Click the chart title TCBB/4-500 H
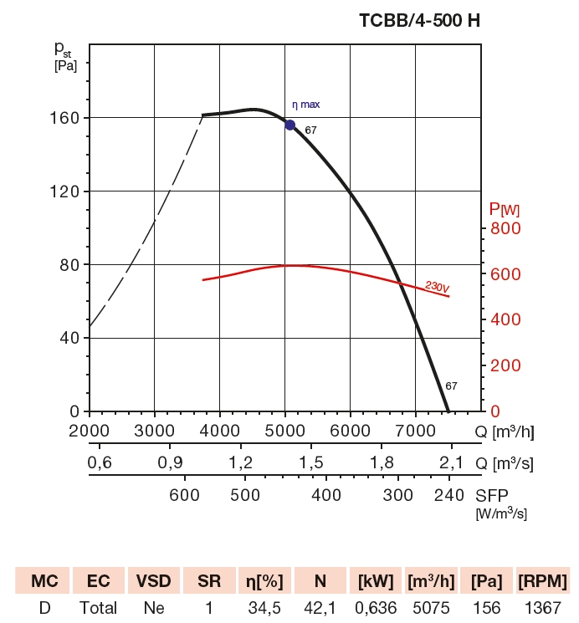[419, 21]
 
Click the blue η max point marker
[290, 125]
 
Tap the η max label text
[305, 105]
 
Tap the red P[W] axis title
[505, 208]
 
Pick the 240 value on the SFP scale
[449, 494]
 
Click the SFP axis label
[491, 494]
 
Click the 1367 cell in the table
[542, 608]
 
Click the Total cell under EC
[99, 608]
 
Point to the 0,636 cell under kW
[374, 608]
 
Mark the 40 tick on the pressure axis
[70, 338]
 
